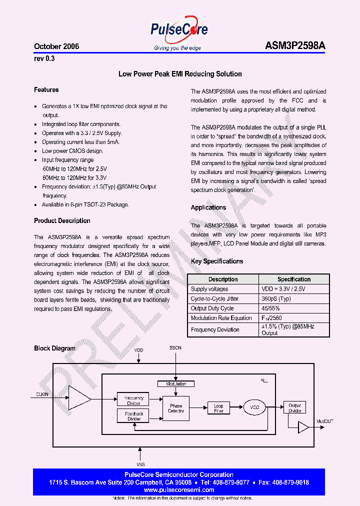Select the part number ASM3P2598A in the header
click(295, 46)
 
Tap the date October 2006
click(56, 46)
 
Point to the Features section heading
click(46, 90)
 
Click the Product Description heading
click(62, 221)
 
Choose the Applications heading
click(208, 207)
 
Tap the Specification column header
click(294, 279)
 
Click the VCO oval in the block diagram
click(255, 407)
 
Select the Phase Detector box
click(176, 408)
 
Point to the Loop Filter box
click(218, 408)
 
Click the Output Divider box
click(294, 407)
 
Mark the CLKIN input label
click(42, 394)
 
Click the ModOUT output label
click(325, 421)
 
